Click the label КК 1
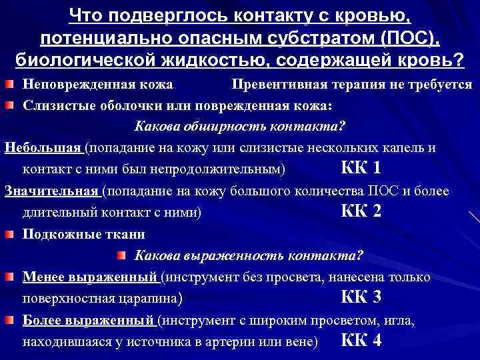pos(361,168)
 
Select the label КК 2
pos(361,212)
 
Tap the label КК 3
pos(361,297)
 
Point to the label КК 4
pos(361,341)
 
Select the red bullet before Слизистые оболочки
pos(11,105)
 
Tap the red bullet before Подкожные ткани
pos(11,234)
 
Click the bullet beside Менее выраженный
pos(11,277)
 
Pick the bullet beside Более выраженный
pos(11,320)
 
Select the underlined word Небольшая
pos(43,148)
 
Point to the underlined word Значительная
pos(51,191)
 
